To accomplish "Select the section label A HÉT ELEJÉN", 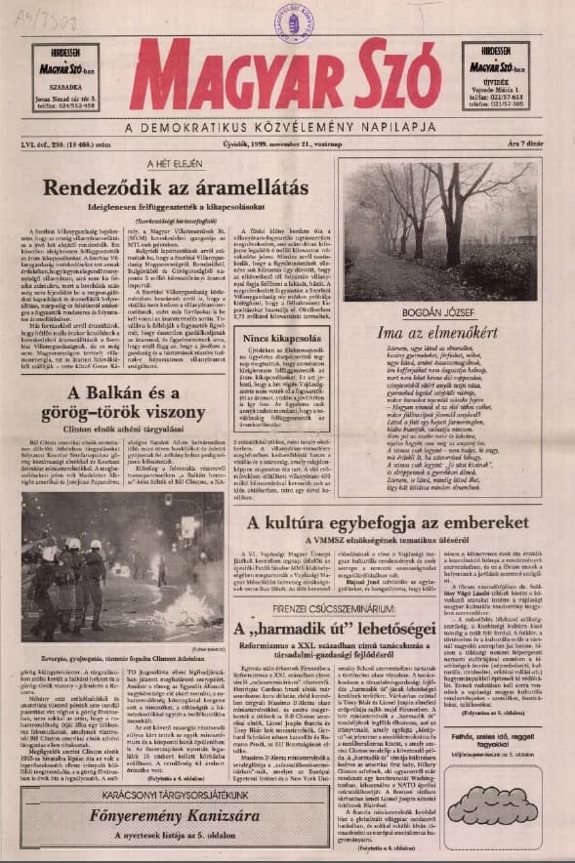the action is point(174,164).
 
